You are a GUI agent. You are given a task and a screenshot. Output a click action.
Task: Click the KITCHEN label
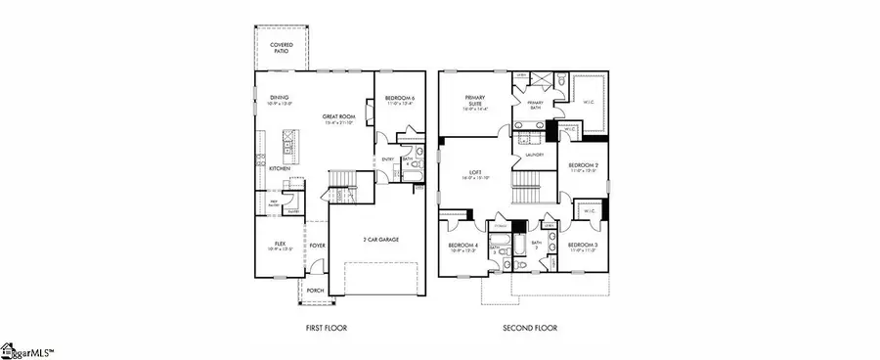[280, 169]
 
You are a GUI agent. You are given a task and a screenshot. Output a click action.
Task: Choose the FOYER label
[318, 247]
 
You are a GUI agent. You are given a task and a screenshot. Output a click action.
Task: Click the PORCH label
[315, 290]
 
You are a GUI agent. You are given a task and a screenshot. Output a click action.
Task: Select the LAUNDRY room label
[534, 155]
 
